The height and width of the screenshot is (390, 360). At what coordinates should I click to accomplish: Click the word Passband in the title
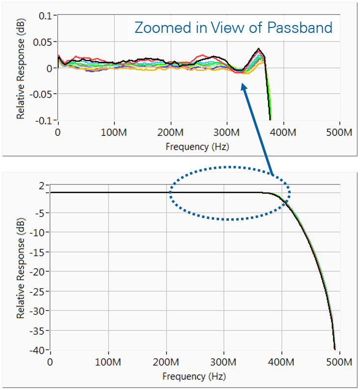(x=300, y=27)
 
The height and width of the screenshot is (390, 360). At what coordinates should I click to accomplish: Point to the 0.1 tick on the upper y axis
(x=45, y=16)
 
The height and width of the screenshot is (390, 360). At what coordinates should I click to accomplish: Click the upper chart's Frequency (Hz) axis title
(x=197, y=146)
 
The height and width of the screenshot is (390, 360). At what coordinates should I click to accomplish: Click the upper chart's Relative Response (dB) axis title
(x=21, y=68)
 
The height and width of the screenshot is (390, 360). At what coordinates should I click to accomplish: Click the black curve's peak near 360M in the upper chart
(x=258, y=49)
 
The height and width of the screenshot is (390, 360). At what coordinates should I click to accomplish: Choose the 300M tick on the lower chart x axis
(x=224, y=362)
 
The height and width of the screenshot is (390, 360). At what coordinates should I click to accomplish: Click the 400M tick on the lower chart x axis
(x=282, y=362)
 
